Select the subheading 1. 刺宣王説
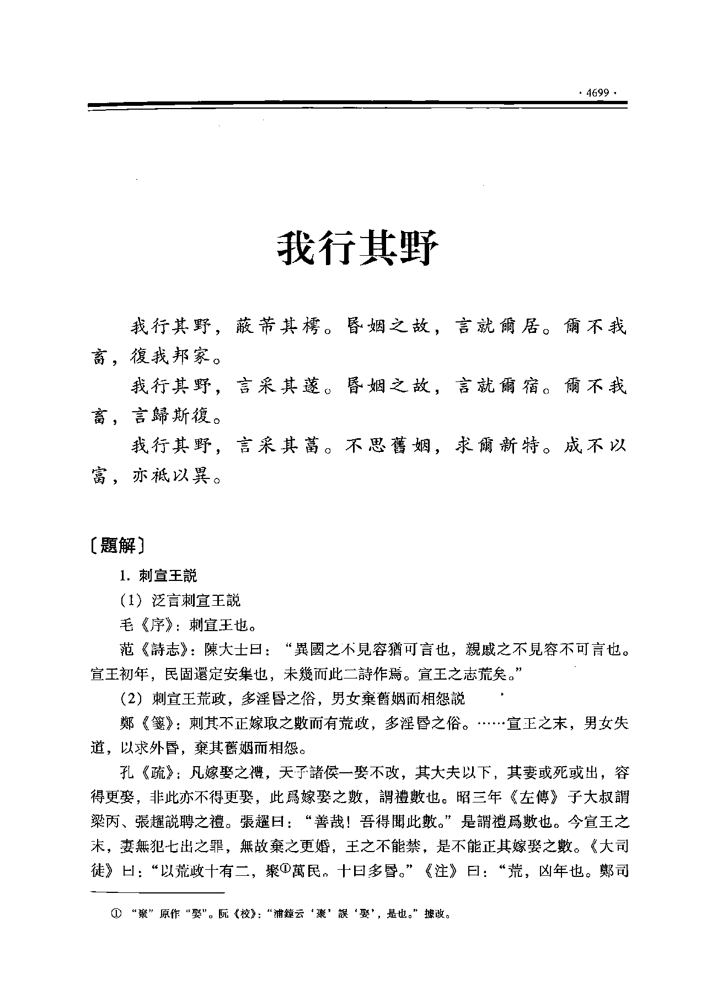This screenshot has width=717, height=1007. point(158,576)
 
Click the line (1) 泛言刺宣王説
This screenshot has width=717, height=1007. point(180,601)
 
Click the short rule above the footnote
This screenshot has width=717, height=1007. point(157,891)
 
